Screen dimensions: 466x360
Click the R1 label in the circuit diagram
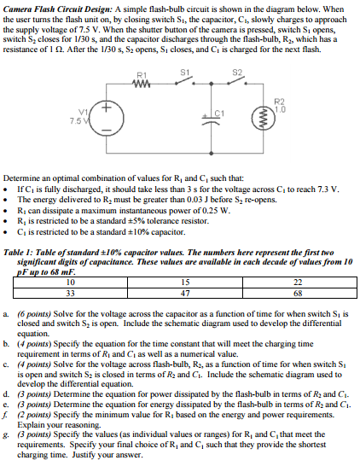coord(142,77)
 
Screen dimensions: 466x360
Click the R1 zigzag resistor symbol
coord(142,84)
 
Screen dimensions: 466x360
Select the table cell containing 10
coord(71,283)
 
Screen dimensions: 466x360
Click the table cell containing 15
coord(184,283)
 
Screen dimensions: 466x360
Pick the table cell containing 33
coord(71,292)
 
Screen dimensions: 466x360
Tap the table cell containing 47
coord(184,292)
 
